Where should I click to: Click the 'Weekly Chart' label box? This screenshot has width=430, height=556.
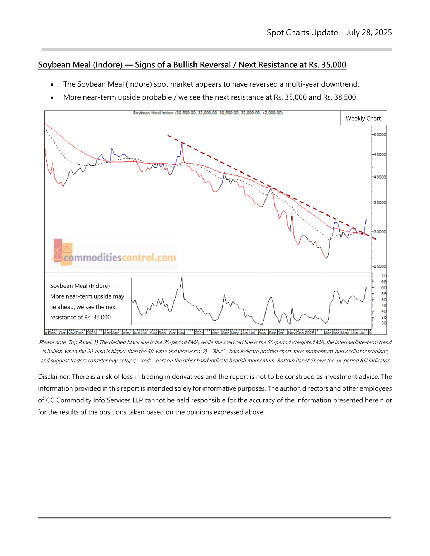(x=363, y=119)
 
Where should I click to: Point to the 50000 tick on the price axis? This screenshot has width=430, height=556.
(x=379, y=135)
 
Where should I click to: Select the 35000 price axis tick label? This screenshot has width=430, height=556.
(x=379, y=203)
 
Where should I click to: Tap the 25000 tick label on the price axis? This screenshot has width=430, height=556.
(x=379, y=266)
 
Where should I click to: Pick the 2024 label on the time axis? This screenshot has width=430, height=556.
(x=199, y=333)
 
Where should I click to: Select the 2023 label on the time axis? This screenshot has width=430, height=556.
(x=91, y=333)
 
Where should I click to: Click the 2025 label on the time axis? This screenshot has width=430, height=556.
(x=309, y=333)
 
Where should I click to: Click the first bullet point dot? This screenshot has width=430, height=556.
(x=52, y=85)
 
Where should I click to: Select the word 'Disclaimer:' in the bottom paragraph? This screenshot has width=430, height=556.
(x=54, y=377)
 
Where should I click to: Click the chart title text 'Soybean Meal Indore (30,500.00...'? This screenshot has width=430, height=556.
(x=208, y=113)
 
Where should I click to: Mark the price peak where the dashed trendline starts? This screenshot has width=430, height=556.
(x=182, y=142)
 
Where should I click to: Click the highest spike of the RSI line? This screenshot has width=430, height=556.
(x=182, y=277)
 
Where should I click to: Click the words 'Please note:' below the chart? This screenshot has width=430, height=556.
(x=52, y=342)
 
